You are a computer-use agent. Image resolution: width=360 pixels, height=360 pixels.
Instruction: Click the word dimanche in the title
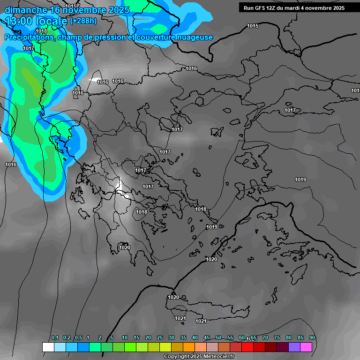pyautogui.click(x=25, y=10)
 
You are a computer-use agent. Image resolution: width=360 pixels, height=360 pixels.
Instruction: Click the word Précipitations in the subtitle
pyautogui.click(x=29, y=37)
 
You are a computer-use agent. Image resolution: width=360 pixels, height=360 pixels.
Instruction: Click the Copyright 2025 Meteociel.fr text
pyautogui.click(x=199, y=357)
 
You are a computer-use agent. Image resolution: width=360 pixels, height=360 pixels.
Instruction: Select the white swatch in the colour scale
pyautogui.click(x=48, y=347)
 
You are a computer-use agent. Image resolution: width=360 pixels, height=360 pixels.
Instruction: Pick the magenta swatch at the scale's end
pyautogui.click(x=306, y=347)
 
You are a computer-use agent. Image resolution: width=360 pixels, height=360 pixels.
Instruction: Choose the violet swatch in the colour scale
pyautogui.click(x=294, y=347)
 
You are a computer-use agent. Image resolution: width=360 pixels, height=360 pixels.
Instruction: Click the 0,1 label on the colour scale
pyautogui.click(x=55, y=338)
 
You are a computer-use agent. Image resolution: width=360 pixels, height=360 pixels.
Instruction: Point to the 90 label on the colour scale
pyautogui.click(x=312, y=338)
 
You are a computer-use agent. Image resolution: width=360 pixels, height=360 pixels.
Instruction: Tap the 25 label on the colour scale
pyautogui.click(x=160, y=338)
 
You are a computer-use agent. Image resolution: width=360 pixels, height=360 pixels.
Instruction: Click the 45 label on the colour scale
pyautogui.click(x=207, y=338)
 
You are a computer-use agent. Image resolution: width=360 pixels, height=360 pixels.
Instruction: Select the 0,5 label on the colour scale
pyautogui.click(x=78, y=338)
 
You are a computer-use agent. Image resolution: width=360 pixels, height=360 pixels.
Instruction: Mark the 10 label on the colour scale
pyautogui.click(x=125, y=338)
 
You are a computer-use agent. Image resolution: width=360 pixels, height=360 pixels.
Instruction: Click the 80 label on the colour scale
pyautogui.click(x=289, y=338)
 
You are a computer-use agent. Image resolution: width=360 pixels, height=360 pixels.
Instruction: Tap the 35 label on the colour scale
pyautogui.click(x=183, y=338)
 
